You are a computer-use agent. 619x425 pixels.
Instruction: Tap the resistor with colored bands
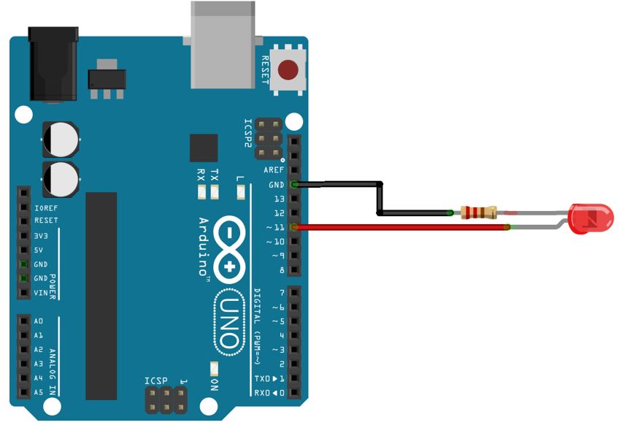tap(479, 212)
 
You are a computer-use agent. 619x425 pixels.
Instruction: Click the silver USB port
tap(224, 44)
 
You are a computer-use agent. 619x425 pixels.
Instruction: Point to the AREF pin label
tap(274, 170)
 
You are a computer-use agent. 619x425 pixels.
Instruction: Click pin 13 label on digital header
tap(278, 199)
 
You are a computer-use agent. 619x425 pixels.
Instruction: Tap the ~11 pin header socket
tap(294, 228)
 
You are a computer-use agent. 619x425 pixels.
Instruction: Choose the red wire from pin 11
tap(401, 228)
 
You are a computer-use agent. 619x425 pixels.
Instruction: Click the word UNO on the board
tap(228, 321)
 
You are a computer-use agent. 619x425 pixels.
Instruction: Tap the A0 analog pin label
tap(39, 321)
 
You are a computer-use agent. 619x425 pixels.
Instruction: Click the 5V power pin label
tap(39, 250)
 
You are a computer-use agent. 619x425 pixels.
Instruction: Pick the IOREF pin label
tap(46, 207)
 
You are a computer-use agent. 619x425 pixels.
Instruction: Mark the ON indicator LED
tap(214, 369)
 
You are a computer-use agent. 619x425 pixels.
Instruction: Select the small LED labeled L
tap(241, 192)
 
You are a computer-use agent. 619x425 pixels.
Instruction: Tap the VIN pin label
tap(41, 293)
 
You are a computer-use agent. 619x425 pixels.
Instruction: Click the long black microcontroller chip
tap(101, 296)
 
